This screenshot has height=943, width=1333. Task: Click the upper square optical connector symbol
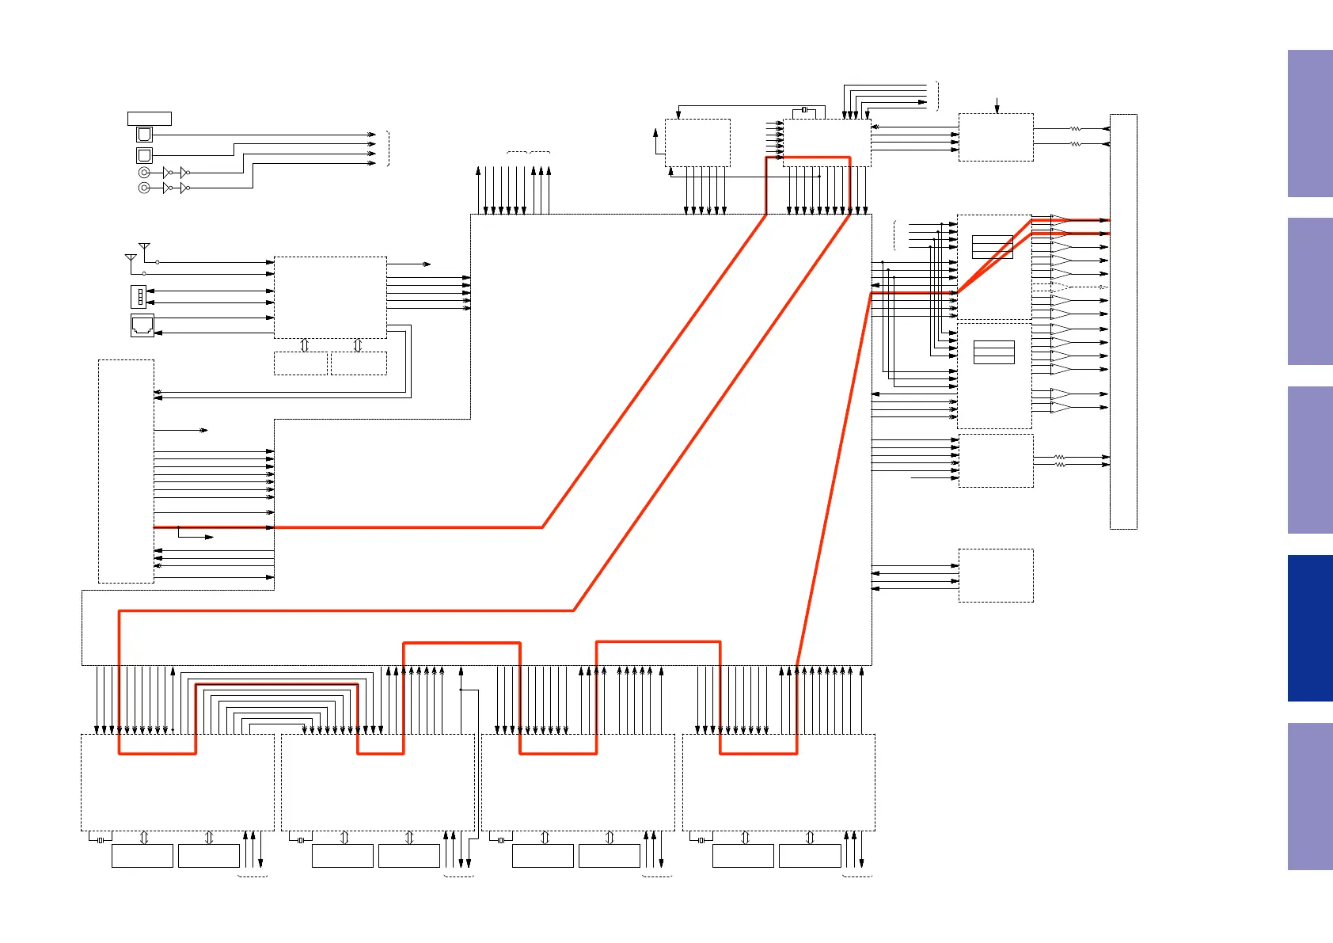(x=144, y=135)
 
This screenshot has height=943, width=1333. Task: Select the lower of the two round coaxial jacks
(x=144, y=188)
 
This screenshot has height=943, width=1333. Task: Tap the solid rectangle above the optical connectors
(x=150, y=119)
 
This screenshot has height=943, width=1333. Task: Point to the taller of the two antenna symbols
(x=144, y=249)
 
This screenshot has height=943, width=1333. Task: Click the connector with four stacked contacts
(x=139, y=296)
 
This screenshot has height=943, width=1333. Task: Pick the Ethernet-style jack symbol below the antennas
(x=142, y=325)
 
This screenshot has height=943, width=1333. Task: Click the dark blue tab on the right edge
(x=1310, y=628)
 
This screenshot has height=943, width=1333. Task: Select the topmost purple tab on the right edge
(x=1310, y=124)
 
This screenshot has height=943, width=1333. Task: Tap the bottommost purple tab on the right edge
(x=1310, y=796)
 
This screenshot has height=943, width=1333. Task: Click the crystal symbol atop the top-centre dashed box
(x=804, y=109)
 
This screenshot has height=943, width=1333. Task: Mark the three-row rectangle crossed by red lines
(x=993, y=247)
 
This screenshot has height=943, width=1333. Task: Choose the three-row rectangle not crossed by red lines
(x=994, y=352)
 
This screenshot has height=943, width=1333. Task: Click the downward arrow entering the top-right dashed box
(x=997, y=106)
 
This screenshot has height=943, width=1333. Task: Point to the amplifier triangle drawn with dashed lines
(x=1061, y=287)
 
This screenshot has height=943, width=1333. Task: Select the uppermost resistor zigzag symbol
(x=1076, y=128)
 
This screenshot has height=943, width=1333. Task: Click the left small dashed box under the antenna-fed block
(x=301, y=363)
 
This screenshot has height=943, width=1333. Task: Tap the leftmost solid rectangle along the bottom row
(x=142, y=856)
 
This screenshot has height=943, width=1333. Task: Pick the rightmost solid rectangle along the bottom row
(x=810, y=856)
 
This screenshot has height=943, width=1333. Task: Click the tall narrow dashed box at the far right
(x=1123, y=321)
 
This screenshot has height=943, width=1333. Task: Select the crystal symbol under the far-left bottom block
(x=100, y=840)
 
